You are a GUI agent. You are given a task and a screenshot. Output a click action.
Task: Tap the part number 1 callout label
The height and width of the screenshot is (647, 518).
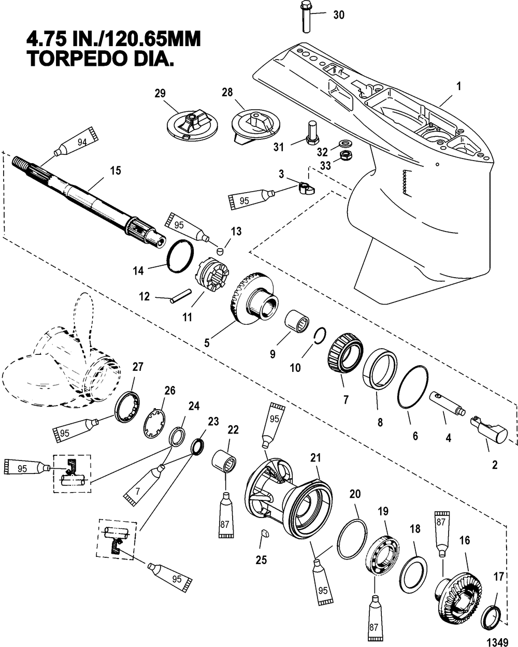point(459,87)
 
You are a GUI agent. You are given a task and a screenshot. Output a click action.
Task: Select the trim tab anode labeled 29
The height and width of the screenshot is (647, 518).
point(192,125)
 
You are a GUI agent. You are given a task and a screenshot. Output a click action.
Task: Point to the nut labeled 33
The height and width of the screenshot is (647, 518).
point(346,155)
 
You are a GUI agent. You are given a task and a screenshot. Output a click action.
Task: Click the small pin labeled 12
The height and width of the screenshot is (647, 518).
point(181,296)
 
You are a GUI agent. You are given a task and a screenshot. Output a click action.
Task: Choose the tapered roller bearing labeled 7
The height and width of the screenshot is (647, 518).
point(345,353)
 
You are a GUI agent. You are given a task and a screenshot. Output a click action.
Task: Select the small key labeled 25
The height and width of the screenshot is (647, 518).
point(265,534)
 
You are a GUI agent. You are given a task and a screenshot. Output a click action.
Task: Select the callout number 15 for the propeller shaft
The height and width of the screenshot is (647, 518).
point(116,170)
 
